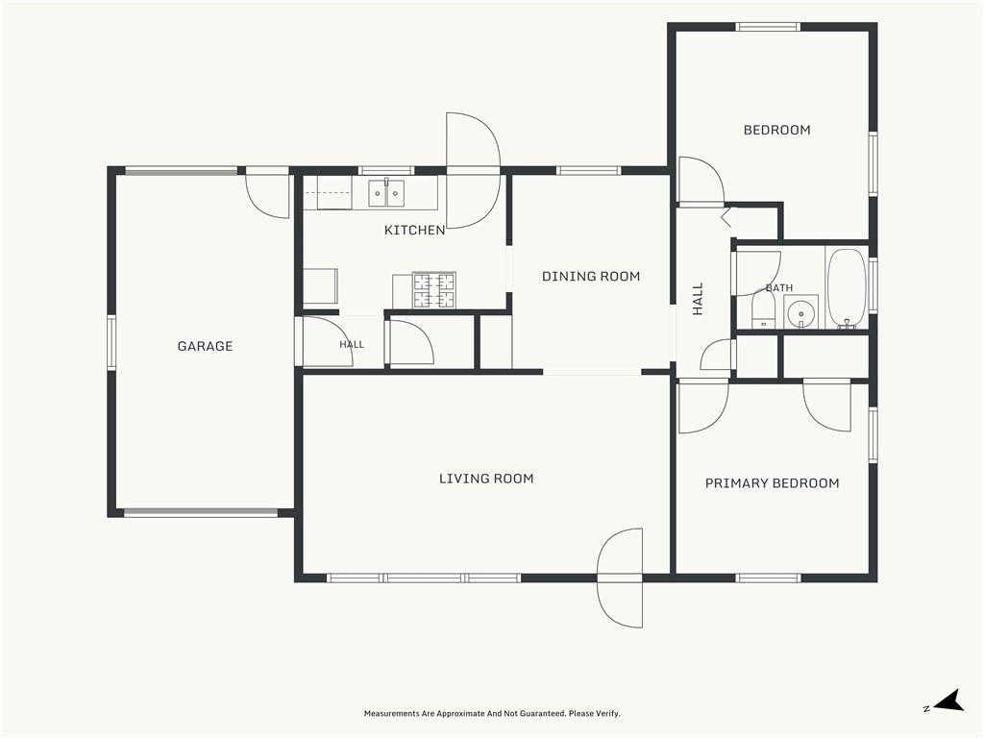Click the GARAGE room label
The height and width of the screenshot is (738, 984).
tap(206, 346)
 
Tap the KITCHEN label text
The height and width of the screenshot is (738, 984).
tap(415, 231)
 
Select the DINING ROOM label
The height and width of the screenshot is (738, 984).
tap(591, 276)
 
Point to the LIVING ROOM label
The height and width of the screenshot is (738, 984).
tap(486, 479)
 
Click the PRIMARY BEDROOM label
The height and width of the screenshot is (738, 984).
tap(773, 483)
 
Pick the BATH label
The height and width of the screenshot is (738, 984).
tap(779, 288)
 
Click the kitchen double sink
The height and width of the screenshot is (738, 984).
tap(386, 192)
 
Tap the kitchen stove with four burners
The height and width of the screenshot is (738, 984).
tap(433, 290)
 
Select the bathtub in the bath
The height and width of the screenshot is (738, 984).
tap(847, 288)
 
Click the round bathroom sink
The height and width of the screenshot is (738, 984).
tap(801, 312)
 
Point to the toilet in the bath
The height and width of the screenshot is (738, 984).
tap(764, 312)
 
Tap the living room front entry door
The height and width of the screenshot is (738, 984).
tap(620, 578)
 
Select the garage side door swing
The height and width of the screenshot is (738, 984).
tap(267, 192)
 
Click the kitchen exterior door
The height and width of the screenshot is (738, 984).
tap(473, 171)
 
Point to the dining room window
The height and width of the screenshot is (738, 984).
tap(589, 170)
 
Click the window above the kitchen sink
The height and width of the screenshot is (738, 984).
tap(386, 170)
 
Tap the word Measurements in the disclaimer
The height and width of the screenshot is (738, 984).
tap(392, 714)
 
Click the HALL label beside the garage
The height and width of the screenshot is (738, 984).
tap(352, 345)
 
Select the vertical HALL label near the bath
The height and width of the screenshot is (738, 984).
tap(698, 299)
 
